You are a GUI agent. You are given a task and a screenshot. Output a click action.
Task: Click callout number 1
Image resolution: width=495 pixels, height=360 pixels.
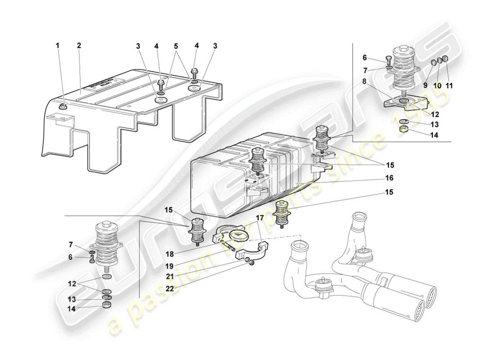(x=57, y=45)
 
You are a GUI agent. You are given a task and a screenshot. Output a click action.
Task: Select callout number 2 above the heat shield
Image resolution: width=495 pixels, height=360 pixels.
(x=79, y=45)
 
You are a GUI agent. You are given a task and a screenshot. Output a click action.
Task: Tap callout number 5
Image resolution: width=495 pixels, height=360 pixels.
(x=176, y=45)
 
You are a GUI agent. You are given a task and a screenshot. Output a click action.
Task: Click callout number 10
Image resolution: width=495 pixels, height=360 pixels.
(x=436, y=85)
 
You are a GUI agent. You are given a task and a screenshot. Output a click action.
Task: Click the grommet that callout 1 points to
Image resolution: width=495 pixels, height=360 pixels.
(x=63, y=106)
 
